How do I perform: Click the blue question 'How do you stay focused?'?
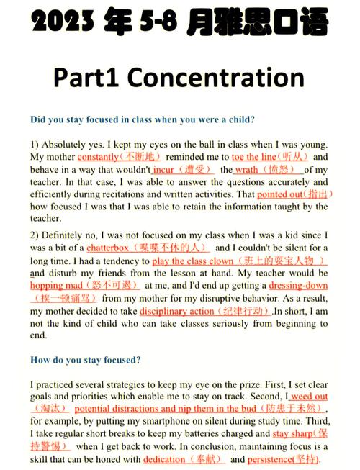click(86, 359)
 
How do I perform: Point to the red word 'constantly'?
click(98, 157)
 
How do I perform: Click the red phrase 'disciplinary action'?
click(176, 311)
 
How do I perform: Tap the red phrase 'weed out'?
click(310, 397)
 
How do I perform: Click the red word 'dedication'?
click(164, 459)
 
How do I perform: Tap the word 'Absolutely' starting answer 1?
click(68, 144)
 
